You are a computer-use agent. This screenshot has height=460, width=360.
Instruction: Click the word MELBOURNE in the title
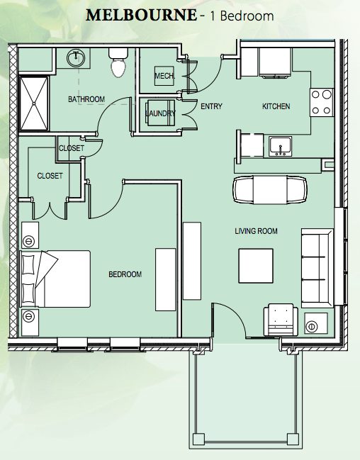141,16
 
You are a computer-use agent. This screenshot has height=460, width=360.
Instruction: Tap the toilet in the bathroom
118,63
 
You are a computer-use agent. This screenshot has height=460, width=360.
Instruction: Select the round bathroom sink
76,58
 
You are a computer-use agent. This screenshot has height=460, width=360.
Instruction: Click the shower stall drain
34,103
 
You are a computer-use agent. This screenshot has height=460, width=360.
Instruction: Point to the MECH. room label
164,76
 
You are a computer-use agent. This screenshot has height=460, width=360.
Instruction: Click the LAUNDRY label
160,113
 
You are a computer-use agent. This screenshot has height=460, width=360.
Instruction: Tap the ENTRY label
211,106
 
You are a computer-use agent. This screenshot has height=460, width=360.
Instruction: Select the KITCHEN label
276,106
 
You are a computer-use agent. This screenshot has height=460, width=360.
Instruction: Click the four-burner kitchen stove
322,102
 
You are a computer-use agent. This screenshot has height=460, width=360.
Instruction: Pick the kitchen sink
280,147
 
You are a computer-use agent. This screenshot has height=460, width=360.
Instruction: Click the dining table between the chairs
270,190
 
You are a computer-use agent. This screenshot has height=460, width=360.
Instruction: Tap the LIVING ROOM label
256,231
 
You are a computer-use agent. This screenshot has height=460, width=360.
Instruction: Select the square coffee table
256,266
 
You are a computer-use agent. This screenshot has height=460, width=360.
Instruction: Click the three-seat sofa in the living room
317,268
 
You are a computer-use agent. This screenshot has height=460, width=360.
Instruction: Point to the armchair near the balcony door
281,320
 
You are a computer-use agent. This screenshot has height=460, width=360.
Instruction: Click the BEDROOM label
125,274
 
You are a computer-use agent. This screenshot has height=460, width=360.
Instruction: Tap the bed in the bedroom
55,279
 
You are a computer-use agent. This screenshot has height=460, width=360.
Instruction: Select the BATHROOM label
86,99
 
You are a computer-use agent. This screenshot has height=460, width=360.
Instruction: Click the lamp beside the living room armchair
311,326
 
